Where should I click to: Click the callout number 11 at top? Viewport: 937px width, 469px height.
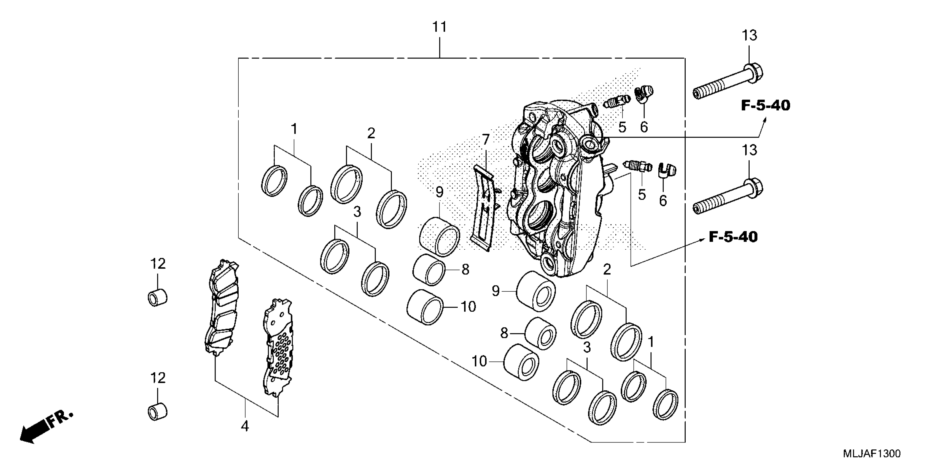[x=439, y=27]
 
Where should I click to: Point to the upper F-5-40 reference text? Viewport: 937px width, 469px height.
[x=766, y=106]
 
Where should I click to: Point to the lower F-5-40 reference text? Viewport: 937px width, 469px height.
[x=733, y=237]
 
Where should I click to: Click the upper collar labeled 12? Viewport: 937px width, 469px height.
[x=158, y=297]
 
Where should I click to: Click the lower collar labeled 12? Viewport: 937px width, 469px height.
[x=158, y=411]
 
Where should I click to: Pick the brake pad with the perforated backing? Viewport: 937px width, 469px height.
[x=277, y=348]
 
